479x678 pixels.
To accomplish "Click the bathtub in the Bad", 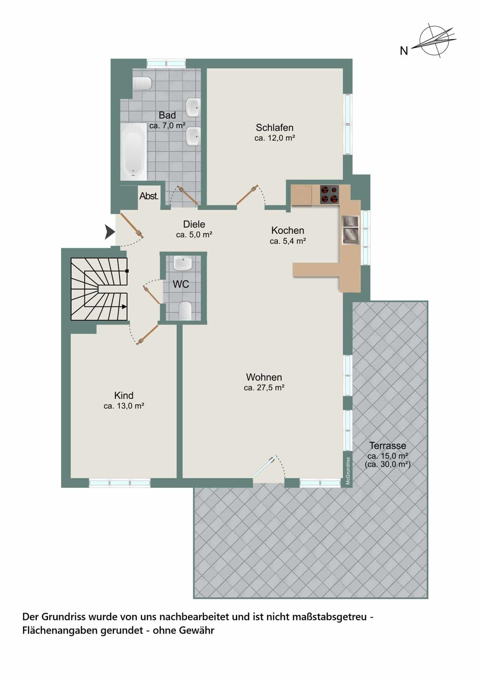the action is [133, 151].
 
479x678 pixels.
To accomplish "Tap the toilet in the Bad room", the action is [143, 83].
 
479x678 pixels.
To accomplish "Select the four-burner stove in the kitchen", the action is [329, 194].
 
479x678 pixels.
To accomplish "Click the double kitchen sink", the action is [350, 230].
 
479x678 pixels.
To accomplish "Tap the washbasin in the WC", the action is [183, 263].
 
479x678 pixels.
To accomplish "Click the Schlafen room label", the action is [275, 127].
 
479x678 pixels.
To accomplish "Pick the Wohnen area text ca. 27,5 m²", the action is [264, 388].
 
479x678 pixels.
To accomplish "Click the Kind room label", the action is [124, 395].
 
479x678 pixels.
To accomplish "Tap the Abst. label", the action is [149, 196].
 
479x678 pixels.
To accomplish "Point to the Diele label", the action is [194, 224].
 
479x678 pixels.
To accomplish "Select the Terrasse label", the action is [388, 446].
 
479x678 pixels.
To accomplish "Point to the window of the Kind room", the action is [120, 482].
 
